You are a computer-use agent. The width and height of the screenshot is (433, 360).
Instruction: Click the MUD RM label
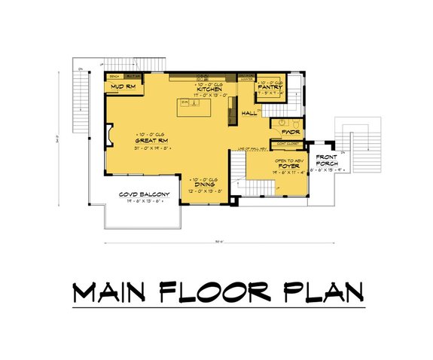point(122,87)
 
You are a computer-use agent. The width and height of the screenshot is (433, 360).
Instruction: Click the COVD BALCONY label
point(143,195)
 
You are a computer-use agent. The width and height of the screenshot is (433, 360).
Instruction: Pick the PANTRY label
point(269,87)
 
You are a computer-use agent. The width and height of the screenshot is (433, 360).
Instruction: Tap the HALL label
point(250,114)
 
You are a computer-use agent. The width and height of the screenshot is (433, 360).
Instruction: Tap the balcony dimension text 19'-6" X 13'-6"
point(143,202)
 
